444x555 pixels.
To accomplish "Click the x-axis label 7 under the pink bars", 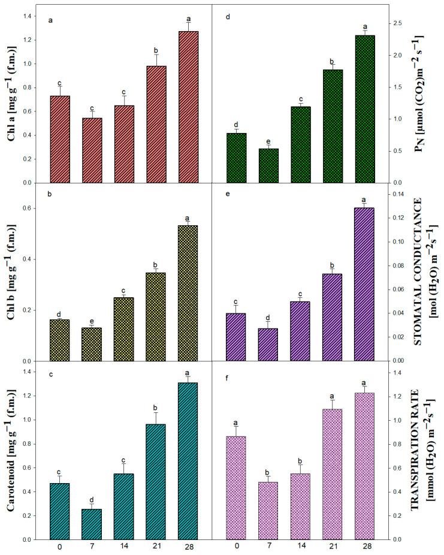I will pos(268,547).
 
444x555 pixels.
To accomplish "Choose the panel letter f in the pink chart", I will pos(228,379).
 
